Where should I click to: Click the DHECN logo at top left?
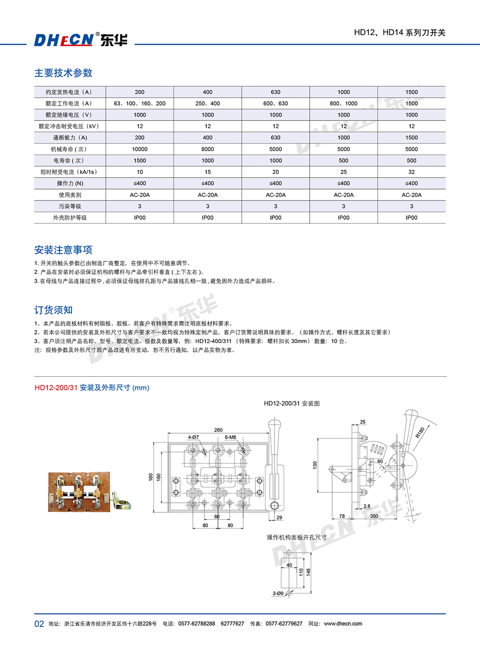pyautogui.click(x=81, y=39)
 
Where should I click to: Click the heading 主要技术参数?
pyautogui.click(x=63, y=73)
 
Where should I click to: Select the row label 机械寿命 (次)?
pyautogui.click(x=70, y=149)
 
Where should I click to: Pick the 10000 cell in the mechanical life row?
pyautogui.click(x=140, y=149)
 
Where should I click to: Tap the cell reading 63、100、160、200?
pyautogui.click(x=140, y=104)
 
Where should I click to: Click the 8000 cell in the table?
pyautogui.click(x=208, y=149)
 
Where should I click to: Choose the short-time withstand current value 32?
pyautogui.click(x=411, y=172)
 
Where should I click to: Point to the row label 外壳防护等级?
pyautogui.click(x=70, y=218)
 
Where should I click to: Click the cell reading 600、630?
pyautogui.click(x=276, y=104)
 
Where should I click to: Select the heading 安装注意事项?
pyautogui.click(x=63, y=250)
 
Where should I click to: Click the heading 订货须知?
pyautogui.click(x=54, y=310)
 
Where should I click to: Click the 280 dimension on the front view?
pyautogui.click(x=218, y=430)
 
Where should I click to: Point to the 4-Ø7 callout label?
pyautogui.click(x=193, y=437)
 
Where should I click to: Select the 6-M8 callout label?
pyautogui.click(x=230, y=437)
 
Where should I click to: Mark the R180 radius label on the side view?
pyautogui.click(x=420, y=432)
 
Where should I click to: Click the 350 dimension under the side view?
pyautogui.click(x=374, y=516)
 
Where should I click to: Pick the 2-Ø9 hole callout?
pyautogui.click(x=278, y=593)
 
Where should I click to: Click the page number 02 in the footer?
pyautogui.click(x=39, y=624)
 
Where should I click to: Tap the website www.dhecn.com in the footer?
pyautogui.click(x=343, y=624)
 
